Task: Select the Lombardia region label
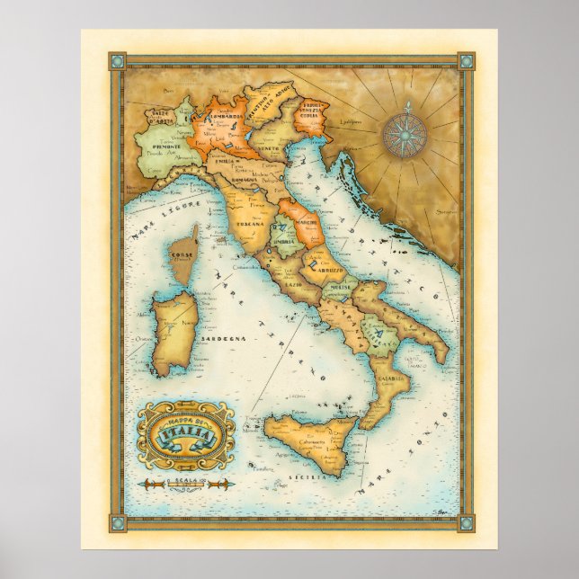218,122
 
